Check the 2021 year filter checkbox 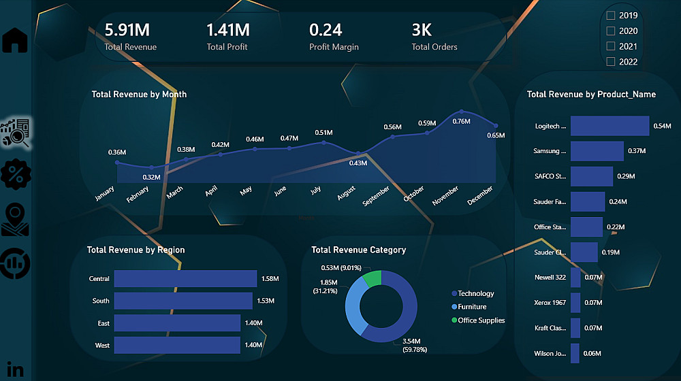[611, 46]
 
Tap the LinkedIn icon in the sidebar [15, 370]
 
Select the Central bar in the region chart [185, 279]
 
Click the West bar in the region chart [177, 346]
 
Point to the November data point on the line [462, 112]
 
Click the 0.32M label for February [152, 178]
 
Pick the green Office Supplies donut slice [373, 278]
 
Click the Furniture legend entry [472, 307]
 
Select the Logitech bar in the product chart [609, 126]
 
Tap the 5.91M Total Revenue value [127, 30]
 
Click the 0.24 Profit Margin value [326, 30]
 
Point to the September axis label [376, 196]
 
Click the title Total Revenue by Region [136, 250]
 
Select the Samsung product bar [597, 151]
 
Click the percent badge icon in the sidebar [15, 173]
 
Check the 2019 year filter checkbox [611, 15]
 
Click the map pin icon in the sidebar [15, 220]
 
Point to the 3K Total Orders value [422, 30]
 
